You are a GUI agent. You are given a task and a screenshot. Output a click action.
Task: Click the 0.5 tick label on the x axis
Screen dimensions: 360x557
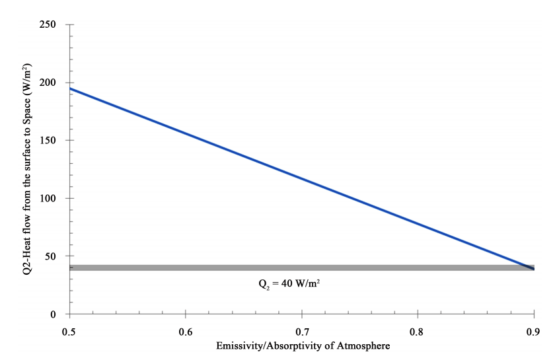[69, 328]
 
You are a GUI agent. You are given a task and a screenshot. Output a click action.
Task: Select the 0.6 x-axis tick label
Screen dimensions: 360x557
[186, 328]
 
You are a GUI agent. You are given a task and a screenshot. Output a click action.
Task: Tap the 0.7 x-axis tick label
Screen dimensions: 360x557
[301, 328]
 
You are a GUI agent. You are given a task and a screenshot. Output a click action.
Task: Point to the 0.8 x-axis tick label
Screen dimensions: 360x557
[418, 328]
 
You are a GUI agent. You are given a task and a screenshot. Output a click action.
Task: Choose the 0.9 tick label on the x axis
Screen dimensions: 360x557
[533, 328]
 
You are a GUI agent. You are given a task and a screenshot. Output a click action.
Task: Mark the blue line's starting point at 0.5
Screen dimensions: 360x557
[70, 89]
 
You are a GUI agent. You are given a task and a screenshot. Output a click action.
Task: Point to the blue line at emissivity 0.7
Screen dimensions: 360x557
[301, 178]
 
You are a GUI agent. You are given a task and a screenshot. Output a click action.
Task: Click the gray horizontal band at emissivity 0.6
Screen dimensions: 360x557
[186, 268]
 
